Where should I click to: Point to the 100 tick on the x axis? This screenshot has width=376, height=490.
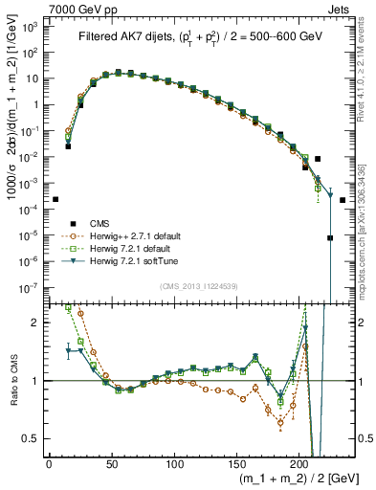tap(174, 464)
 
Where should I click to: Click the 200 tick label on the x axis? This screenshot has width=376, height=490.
tap(299, 464)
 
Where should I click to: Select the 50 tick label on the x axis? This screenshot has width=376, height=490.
tap(111, 464)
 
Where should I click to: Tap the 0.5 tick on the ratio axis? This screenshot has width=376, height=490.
tap(34, 439)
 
